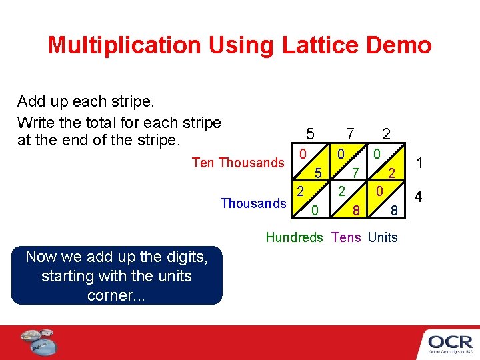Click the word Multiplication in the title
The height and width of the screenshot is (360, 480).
pyautogui.click(x=124, y=45)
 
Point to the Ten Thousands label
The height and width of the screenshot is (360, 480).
pyautogui.click(x=238, y=163)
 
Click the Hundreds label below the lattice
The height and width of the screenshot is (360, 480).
pyautogui.click(x=294, y=237)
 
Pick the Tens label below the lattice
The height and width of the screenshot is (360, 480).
pyautogui.click(x=345, y=237)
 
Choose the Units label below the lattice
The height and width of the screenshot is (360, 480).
pyautogui.click(x=383, y=237)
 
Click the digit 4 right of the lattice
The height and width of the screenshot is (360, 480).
pyautogui.click(x=419, y=197)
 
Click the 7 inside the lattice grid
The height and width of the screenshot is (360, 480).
pyautogui.click(x=356, y=173)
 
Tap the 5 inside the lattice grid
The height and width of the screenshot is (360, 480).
pyautogui.click(x=319, y=173)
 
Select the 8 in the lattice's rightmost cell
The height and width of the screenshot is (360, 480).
pyautogui.click(x=394, y=211)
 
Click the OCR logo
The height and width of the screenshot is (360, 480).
pyautogui.click(x=450, y=342)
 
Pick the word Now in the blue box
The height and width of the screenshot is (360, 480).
pyautogui.click(x=39, y=256)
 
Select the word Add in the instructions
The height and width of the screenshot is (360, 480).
pyautogui.click(x=31, y=102)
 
